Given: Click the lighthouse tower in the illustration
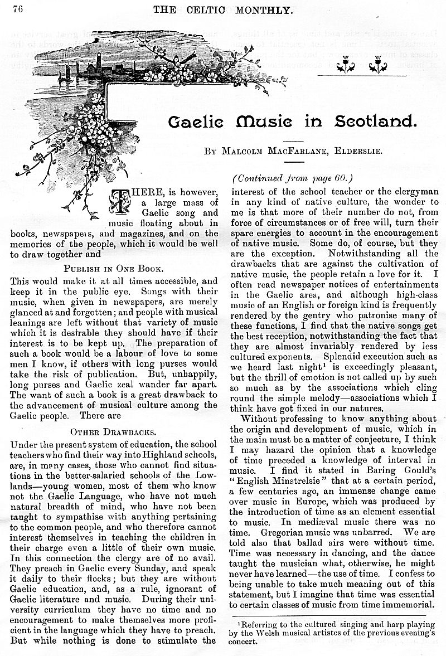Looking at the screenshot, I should [99, 60].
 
